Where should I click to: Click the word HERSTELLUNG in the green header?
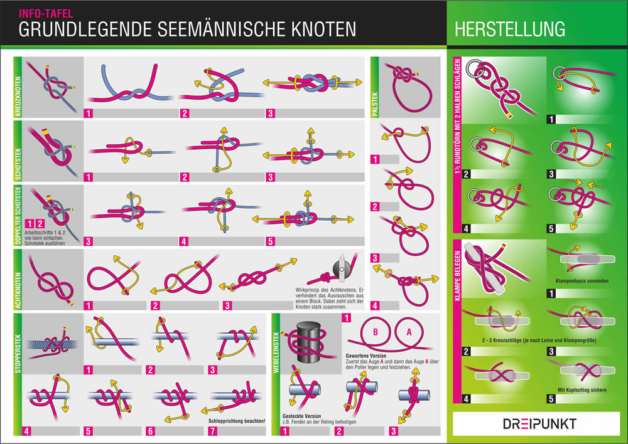click(510, 29)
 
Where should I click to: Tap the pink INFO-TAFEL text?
click(46, 14)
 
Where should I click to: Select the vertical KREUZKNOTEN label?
click(18, 97)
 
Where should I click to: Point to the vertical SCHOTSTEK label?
click(18, 164)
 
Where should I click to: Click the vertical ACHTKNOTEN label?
click(18, 290)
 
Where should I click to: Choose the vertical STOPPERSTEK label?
click(18, 354)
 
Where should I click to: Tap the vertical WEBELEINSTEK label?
click(276, 352)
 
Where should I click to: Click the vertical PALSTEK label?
click(374, 104)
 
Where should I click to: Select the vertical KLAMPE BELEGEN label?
click(457, 275)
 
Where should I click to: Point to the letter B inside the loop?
click(376, 332)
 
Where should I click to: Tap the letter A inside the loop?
click(409, 332)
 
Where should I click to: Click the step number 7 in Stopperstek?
click(213, 431)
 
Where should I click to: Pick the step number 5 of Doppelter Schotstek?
click(270, 241)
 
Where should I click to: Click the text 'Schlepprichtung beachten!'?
click(237, 421)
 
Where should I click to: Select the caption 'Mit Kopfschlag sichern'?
click(582, 389)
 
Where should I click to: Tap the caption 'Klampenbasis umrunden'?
click(582, 281)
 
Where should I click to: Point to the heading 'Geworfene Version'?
click(366, 356)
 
